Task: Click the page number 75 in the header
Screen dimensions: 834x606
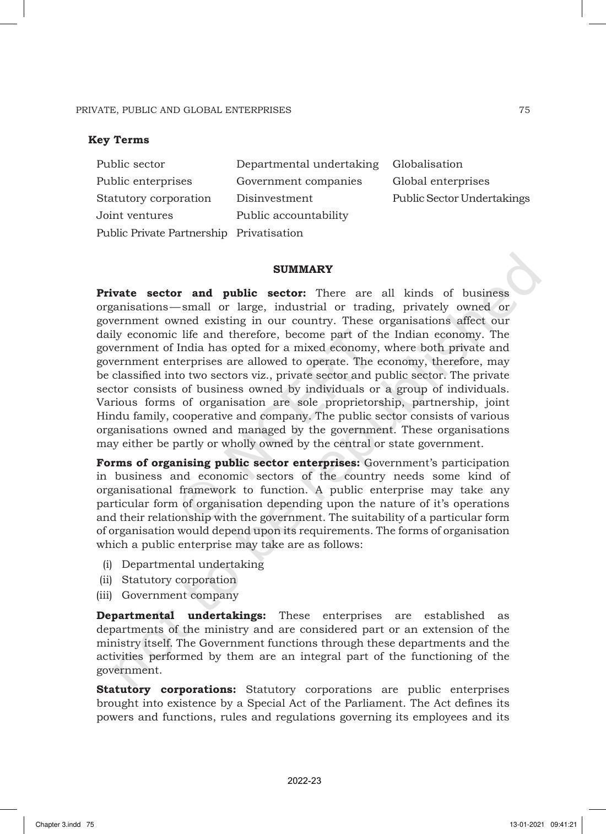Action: pyautogui.click(x=524, y=110)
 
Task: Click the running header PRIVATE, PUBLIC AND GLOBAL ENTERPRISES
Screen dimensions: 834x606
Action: pyautogui.click(x=183, y=110)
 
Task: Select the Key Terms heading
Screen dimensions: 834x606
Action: pyautogui.click(x=118, y=140)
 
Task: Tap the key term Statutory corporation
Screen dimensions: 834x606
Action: pyautogui.click(x=154, y=198)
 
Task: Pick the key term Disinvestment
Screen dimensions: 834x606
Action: pyautogui.click(x=274, y=198)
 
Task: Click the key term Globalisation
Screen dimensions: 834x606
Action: pyautogui.click(x=428, y=164)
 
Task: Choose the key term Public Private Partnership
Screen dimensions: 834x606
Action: pyautogui.click(x=162, y=233)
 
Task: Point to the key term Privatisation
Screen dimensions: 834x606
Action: pyautogui.click(x=269, y=233)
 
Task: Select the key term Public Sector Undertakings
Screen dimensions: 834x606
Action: pyautogui.click(x=461, y=198)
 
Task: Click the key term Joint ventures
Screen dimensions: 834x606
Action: pyautogui.click(x=134, y=216)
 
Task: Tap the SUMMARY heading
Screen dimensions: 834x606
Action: pyautogui.click(x=303, y=270)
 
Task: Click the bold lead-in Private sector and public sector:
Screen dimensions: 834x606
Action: pyautogui.click(x=201, y=293)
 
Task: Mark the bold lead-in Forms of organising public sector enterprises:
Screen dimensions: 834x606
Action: pyautogui.click(x=228, y=463)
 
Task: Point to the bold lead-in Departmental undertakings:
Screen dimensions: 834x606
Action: pyautogui.click(x=181, y=616)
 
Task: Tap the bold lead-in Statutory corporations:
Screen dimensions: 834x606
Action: pyautogui.click(x=166, y=690)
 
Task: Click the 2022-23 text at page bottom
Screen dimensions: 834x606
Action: pyautogui.click(x=304, y=781)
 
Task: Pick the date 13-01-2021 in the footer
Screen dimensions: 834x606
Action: pyautogui.click(x=527, y=825)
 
